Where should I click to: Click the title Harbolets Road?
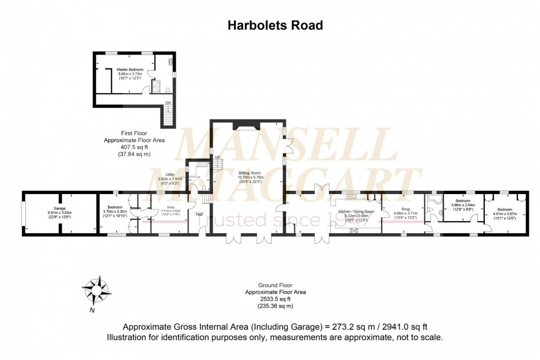pos(275,25)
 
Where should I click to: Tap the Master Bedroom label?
pos(130,70)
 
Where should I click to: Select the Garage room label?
pos(56,208)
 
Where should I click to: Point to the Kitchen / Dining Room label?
pos(356,212)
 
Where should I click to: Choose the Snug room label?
pos(406,209)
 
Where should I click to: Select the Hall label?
pos(199,214)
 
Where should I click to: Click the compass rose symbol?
pos(96,289)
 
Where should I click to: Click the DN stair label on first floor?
pos(168,103)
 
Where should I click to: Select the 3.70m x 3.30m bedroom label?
pos(115,207)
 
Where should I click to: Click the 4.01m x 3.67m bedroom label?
pos(505,209)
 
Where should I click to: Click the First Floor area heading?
pos(134,133)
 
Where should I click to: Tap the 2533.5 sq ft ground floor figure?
pos(275,299)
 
